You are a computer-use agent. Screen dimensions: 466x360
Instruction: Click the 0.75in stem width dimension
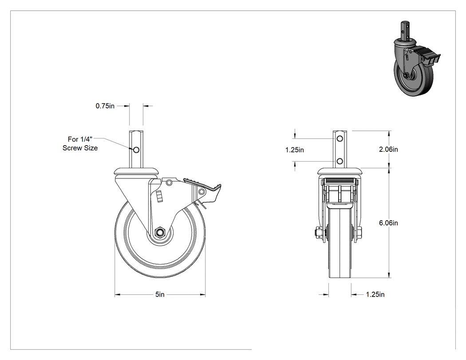click(x=105, y=106)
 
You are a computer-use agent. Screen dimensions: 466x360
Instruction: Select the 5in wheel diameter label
click(x=160, y=294)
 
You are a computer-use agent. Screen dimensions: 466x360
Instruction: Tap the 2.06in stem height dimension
click(x=388, y=149)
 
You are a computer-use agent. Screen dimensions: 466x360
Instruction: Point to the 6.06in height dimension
click(x=388, y=223)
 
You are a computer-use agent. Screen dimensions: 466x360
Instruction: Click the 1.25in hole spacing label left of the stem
click(x=295, y=150)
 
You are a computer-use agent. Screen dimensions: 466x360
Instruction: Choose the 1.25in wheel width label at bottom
click(x=375, y=294)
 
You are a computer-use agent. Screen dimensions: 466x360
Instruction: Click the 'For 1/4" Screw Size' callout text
click(x=80, y=143)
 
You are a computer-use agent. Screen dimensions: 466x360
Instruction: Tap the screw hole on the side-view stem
click(x=136, y=150)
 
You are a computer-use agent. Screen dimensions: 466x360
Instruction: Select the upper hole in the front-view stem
click(x=340, y=138)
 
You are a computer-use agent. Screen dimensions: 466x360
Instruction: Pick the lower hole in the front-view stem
click(x=340, y=162)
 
